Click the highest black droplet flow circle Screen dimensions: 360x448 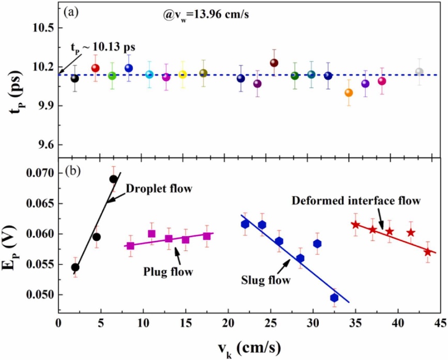pos(113,179)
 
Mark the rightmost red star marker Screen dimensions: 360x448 pos(427,252)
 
